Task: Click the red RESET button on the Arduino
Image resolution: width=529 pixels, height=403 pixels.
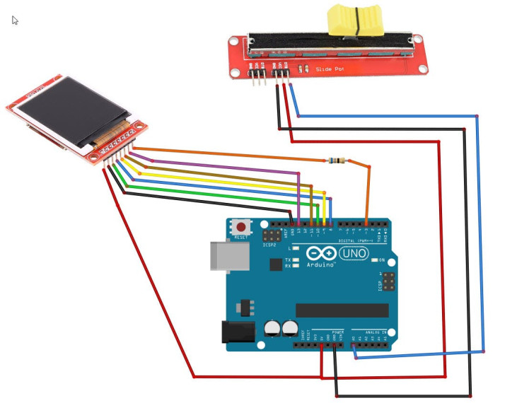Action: [x=242, y=228]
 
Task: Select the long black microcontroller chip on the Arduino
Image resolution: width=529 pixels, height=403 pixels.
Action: [x=342, y=310]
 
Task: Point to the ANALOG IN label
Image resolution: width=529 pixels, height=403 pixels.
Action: [x=374, y=332]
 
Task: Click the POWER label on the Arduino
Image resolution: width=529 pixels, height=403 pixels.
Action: [x=337, y=332]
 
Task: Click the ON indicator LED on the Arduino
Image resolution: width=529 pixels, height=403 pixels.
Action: [x=376, y=260]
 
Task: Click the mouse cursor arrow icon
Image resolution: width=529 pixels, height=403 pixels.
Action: [x=15, y=20]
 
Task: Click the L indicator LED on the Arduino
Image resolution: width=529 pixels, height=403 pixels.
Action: [x=295, y=249]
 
